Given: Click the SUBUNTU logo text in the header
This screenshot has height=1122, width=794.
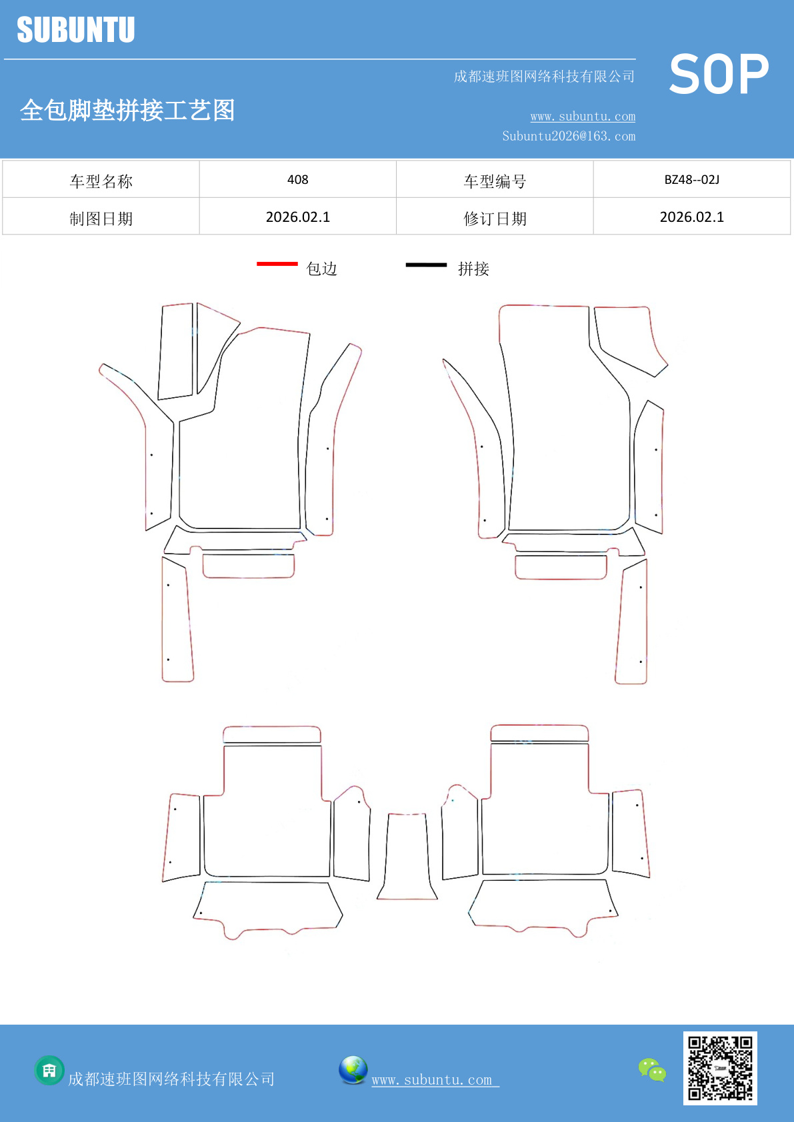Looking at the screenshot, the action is pos(76,29).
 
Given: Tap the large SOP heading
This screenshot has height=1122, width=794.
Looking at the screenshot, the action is pos(719,74).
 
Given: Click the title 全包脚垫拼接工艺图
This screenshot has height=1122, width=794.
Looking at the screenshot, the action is pos(127,110).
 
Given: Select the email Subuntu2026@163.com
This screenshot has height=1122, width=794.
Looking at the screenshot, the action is pos(569,136).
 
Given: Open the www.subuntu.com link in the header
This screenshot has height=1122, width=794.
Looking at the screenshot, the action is pos(583,116).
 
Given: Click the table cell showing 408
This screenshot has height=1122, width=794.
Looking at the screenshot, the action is pos(298,179).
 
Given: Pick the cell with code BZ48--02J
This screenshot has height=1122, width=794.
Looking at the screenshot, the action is pos(692,179).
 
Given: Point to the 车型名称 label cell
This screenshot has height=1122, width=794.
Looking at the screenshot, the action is pos(101,181).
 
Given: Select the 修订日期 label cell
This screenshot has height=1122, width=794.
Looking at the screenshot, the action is pos(495,218).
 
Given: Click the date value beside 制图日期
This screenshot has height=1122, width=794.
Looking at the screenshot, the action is pos(298,217).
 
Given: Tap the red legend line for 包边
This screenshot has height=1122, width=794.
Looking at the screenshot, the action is pos(277,263).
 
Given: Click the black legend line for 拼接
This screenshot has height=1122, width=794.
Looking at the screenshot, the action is pos(426,265).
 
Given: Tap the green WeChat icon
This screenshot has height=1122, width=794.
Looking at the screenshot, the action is pos(652,1069).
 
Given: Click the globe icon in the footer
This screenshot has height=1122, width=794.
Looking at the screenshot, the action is pos(353,1070).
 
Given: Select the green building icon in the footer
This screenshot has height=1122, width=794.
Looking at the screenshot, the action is pos(49,1071).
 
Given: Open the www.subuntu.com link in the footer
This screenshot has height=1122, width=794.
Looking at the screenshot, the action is pos(435,1079).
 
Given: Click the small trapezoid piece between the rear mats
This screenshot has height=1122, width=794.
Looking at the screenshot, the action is pos(407,856).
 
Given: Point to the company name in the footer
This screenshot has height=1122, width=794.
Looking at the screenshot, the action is pos(171,1079).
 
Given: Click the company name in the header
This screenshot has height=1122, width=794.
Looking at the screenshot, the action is pos(545,76).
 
